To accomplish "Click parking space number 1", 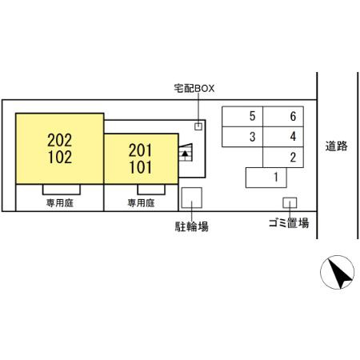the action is pyautogui.click(x=266, y=178).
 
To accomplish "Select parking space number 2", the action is pyautogui.click(x=283, y=158).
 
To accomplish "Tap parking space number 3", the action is pyautogui.click(x=242, y=137).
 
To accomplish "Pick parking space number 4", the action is pyautogui.click(x=283, y=137).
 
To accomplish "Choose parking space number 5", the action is pyautogui.click(x=242, y=117).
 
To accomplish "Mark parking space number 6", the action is pyautogui.click(x=283, y=117).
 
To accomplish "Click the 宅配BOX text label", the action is pyautogui.click(x=194, y=88).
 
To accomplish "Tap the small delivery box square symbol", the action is pyautogui.click(x=198, y=126).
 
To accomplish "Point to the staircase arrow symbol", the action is pyautogui.click(x=185, y=154).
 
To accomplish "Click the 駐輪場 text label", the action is pyautogui.click(x=191, y=226).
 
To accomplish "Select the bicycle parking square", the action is pyautogui.click(x=192, y=198).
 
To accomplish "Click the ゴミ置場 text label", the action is pyautogui.click(x=289, y=222).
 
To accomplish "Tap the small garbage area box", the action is pyautogui.click(x=290, y=203).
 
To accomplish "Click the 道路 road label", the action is pyautogui.click(x=336, y=146).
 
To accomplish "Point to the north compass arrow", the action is pyautogui.click(x=340, y=273).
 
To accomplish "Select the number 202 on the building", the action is pyautogui.click(x=60, y=140).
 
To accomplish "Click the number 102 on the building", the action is pyautogui.click(x=60, y=157).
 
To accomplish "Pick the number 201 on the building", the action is pyautogui.click(x=140, y=150).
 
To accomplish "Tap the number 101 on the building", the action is pyautogui.click(x=141, y=167).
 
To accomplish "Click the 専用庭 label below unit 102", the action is pyautogui.click(x=60, y=203).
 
